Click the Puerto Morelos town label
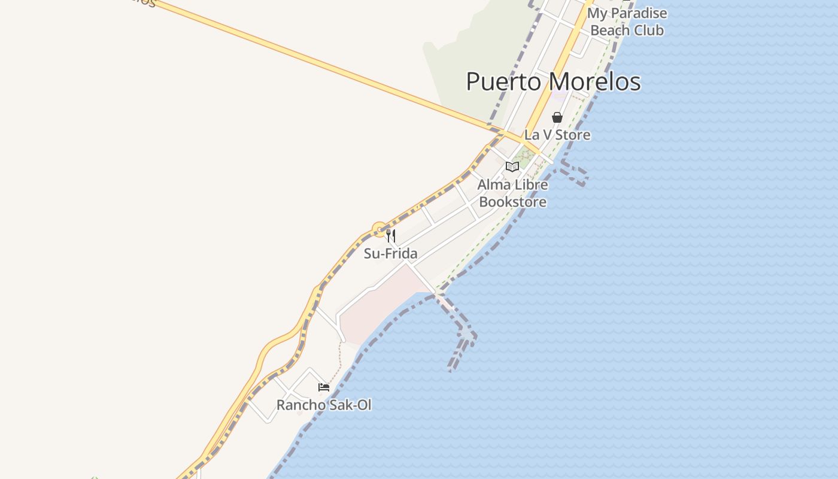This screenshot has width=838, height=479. (x=553, y=82)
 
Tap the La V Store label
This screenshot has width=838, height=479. (x=557, y=135)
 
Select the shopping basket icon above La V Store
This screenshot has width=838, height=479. (x=557, y=117)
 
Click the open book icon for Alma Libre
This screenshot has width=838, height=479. (x=512, y=167)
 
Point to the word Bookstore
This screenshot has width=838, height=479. (x=513, y=202)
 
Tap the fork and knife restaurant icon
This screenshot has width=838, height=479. (x=391, y=235)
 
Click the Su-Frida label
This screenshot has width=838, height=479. (x=390, y=253)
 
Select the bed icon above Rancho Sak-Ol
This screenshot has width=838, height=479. (x=324, y=387)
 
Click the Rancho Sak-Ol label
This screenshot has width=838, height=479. (x=323, y=405)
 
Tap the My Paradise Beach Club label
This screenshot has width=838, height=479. (x=627, y=22)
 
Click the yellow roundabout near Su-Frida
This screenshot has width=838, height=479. (x=379, y=229)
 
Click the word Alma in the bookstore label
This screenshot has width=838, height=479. (x=493, y=185)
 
